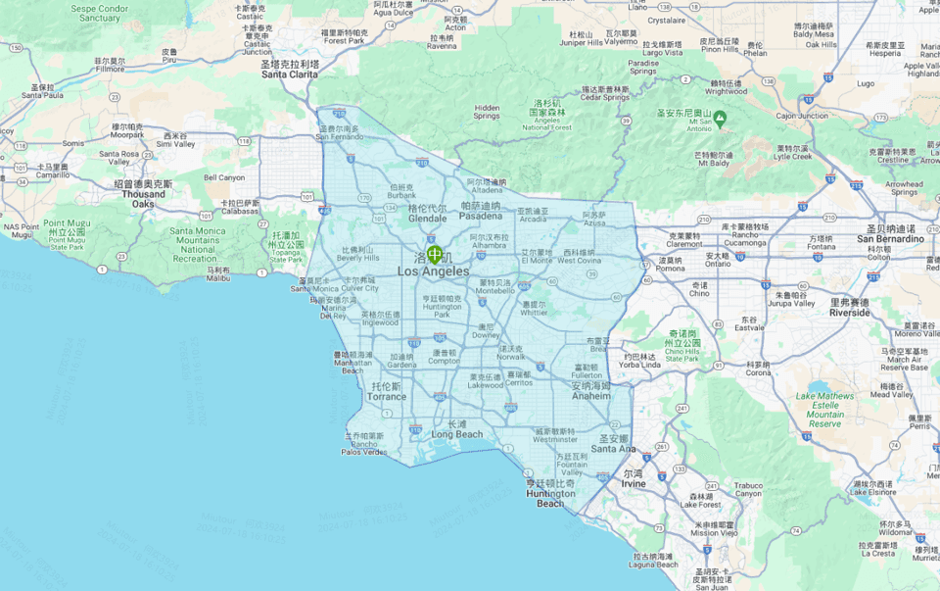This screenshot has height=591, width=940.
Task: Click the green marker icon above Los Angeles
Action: (434, 254)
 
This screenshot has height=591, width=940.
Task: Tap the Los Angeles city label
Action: (433, 271)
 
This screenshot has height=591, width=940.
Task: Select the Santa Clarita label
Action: (290, 74)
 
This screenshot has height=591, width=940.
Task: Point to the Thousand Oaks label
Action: (143, 199)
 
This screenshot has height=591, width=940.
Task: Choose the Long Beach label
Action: (457, 434)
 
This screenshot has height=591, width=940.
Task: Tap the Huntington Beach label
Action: (550, 499)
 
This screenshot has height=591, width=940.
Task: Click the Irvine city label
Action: (634, 484)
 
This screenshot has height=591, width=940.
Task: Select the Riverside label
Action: (849, 313)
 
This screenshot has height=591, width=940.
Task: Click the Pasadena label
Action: (481, 216)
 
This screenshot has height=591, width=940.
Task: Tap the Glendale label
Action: (427, 219)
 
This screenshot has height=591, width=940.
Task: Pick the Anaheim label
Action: (591, 396)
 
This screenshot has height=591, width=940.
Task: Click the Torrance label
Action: (387, 397)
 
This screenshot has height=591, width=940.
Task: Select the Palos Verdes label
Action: (363, 452)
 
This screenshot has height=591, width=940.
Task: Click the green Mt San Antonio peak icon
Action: (720, 119)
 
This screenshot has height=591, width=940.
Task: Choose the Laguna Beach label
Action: (654, 565)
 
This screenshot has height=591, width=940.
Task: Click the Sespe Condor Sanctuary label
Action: (100, 14)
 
